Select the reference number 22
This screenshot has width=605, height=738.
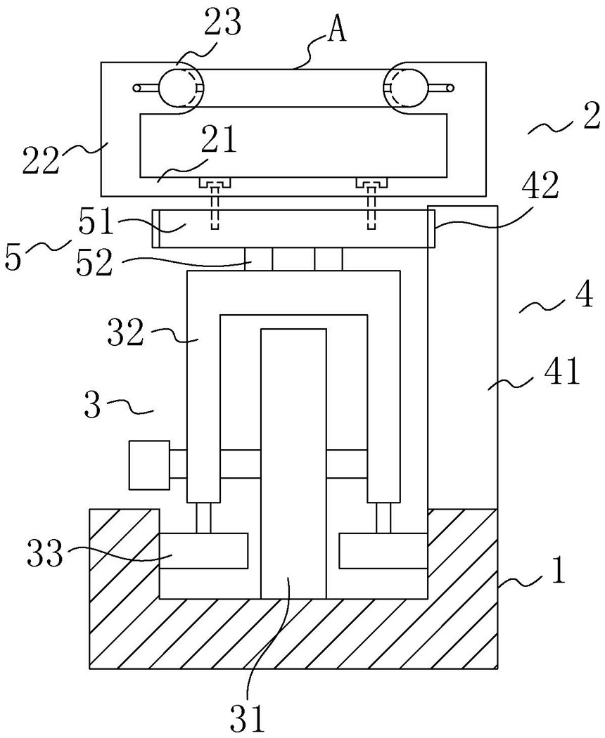[42, 160]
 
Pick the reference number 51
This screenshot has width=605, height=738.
[98, 222]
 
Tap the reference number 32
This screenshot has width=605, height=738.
[126, 332]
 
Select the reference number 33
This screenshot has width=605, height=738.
[45, 554]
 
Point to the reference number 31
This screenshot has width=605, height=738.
[248, 718]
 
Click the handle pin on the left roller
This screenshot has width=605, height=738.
[146, 88]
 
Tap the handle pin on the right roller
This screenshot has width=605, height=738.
[442, 88]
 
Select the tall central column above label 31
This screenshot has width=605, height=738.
[293, 464]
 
